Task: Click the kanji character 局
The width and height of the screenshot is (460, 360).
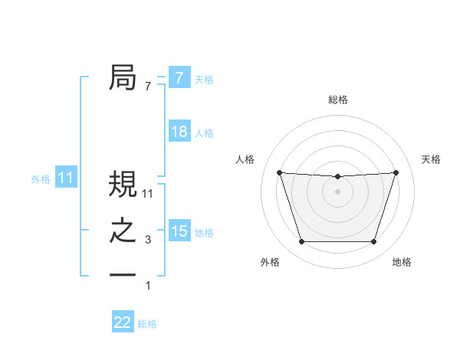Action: [123, 77]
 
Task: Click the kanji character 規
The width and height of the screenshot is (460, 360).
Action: [123, 184]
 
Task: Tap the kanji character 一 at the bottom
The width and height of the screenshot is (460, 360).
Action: [123, 275]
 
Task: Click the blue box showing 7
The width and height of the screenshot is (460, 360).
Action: [179, 77]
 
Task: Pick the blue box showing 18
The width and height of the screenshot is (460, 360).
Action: [179, 132]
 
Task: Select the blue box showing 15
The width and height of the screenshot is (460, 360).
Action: [179, 231]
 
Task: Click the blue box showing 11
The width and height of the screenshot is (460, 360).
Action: [65, 178]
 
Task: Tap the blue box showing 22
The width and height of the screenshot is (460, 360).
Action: [122, 322]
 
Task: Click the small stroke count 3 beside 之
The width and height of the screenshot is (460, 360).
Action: [148, 241]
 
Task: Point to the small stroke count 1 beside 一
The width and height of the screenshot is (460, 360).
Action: [148, 286]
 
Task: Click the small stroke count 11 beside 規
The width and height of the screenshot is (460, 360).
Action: [148, 195]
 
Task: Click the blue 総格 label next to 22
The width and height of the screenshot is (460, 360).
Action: [147, 324]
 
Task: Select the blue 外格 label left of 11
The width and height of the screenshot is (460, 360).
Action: [41, 179]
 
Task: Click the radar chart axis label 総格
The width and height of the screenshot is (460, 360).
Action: [337, 100]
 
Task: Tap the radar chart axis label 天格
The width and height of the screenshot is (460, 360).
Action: [431, 159]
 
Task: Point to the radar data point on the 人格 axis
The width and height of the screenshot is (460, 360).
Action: [279, 172]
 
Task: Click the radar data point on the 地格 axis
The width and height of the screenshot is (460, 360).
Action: [373, 242]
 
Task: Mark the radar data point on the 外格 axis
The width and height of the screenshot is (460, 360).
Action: [301, 242]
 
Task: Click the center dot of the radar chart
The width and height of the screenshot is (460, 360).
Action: [337, 191]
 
